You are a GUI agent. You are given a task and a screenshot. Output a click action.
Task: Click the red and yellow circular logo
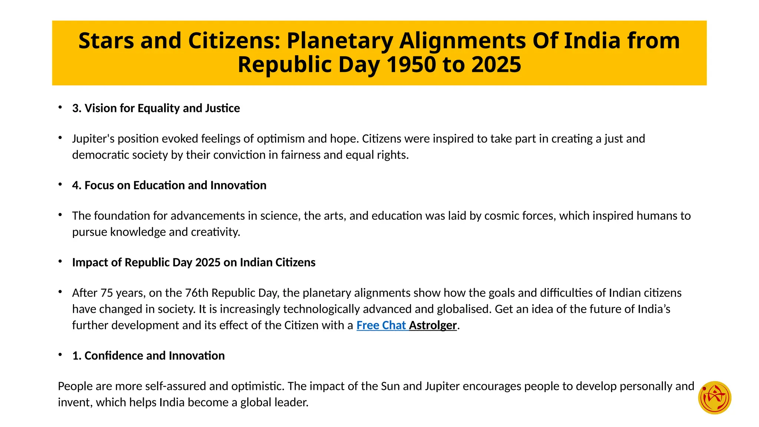point(714,397)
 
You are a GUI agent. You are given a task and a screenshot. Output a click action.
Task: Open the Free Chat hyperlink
point(381,325)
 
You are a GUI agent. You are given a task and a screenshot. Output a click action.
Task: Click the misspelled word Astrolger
point(432,325)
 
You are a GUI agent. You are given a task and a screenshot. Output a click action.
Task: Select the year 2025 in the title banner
point(496,64)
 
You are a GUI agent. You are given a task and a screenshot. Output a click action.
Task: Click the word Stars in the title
point(106,40)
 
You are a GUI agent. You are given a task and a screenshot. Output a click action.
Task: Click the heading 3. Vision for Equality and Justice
point(156,108)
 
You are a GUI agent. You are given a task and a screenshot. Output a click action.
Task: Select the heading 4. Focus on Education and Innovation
point(169,185)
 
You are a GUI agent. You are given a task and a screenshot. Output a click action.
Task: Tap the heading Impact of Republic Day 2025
point(193,262)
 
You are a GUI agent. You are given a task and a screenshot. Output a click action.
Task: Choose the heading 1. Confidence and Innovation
point(148,356)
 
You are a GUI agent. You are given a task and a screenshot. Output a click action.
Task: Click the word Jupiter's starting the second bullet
point(92,139)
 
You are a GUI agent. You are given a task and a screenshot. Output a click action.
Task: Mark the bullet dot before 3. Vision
point(60,107)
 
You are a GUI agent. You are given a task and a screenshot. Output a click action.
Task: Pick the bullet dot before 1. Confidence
point(60,355)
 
